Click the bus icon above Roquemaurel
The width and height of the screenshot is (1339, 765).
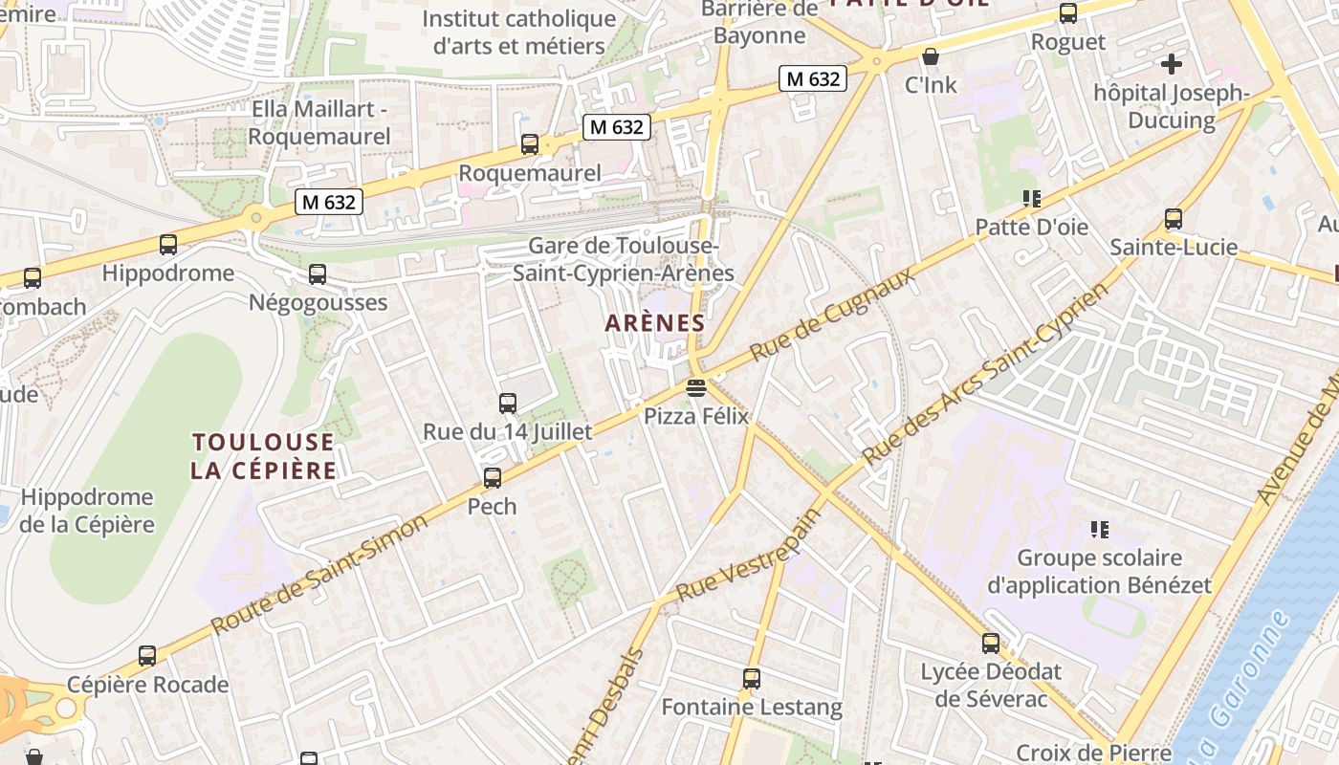click(529, 144)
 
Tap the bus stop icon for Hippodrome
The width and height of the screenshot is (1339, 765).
click(168, 245)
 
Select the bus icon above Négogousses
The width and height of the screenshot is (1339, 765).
click(318, 274)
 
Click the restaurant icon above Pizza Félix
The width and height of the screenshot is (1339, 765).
click(695, 388)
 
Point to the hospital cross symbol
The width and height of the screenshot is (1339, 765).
click(1172, 64)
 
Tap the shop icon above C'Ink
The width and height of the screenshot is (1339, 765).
click(931, 56)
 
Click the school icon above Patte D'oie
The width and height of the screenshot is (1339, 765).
click(1031, 199)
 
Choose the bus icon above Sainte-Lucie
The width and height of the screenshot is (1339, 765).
click(1174, 219)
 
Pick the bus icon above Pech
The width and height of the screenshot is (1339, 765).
click(493, 477)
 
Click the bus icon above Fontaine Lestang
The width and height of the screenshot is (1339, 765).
click(752, 679)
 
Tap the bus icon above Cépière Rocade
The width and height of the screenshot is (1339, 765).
click(147, 656)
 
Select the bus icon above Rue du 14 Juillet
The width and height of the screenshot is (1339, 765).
click(508, 404)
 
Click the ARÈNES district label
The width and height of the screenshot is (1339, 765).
click(655, 323)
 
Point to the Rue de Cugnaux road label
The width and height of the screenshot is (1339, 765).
click(831, 315)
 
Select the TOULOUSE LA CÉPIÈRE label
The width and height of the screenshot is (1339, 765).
click(263, 456)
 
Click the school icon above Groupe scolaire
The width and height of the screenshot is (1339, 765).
click(1099, 529)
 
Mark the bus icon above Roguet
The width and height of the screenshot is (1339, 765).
click(1068, 13)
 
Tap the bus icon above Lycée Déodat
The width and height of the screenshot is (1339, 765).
click(991, 644)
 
